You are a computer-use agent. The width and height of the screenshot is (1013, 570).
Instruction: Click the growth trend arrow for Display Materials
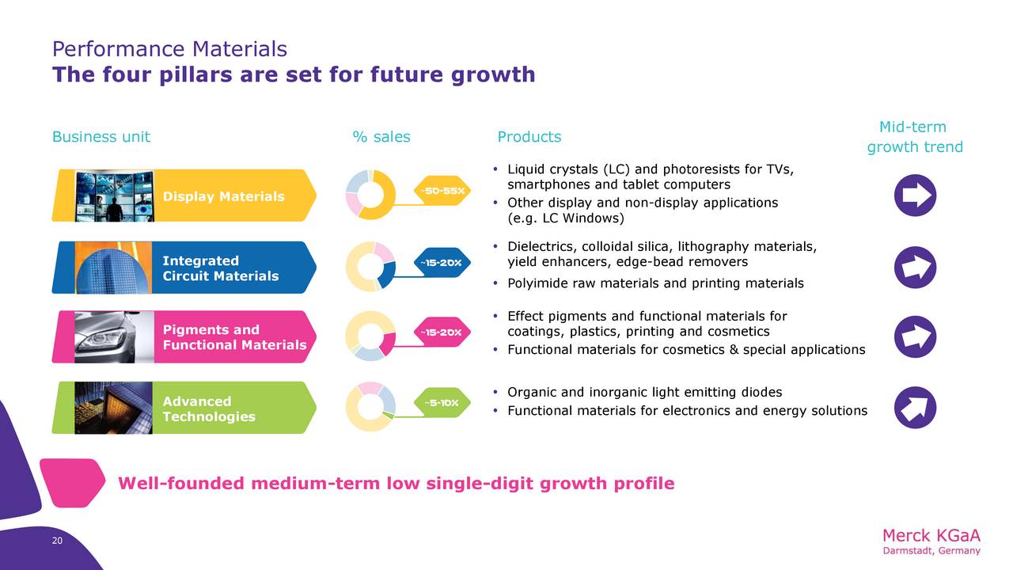point(915,196)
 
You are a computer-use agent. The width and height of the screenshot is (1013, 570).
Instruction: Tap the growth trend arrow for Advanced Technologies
point(915,408)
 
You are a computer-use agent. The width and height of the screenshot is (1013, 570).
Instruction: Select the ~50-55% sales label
point(442,191)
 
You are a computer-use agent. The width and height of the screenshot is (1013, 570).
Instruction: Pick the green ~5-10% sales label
point(442,403)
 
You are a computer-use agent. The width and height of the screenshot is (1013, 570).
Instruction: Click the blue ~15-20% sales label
point(442,262)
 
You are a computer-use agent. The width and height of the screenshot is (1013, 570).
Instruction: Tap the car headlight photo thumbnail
point(114,336)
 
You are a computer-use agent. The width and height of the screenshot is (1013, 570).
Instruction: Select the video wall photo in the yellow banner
point(114,196)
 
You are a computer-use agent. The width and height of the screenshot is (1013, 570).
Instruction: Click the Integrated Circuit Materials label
point(221,268)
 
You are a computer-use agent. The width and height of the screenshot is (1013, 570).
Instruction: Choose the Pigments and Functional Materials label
point(235,337)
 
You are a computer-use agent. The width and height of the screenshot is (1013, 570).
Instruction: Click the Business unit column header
point(101,137)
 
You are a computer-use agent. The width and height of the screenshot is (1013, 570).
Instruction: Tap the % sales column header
point(381,137)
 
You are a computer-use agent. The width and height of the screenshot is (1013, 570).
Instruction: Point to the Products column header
point(529,137)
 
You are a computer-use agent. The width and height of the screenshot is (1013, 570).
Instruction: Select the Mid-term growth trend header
point(915,137)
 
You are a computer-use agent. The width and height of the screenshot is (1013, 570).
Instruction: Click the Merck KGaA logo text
point(931,536)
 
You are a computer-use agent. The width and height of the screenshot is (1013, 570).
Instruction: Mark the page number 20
point(57,540)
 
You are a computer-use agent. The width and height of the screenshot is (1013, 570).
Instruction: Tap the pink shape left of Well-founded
point(72,483)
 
